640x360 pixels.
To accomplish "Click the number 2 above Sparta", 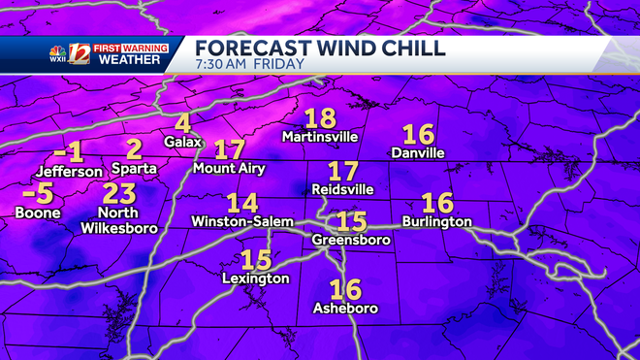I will pyautogui.click(x=134, y=148).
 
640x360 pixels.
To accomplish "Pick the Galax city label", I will pyautogui.click(x=182, y=142).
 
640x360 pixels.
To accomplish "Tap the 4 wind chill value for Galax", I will pyautogui.click(x=182, y=123).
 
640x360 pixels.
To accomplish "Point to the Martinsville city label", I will pyautogui.click(x=321, y=137).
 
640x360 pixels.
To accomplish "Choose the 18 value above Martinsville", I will pyautogui.click(x=320, y=118).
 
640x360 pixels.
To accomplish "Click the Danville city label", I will pyautogui.click(x=418, y=152).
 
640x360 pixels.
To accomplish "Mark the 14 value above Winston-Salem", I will pyautogui.click(x=242, y=203).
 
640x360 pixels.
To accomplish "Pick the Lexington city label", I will pyautogui.click(x=256, y=278).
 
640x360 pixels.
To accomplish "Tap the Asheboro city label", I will pyautogui.click(x=345, y=309).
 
